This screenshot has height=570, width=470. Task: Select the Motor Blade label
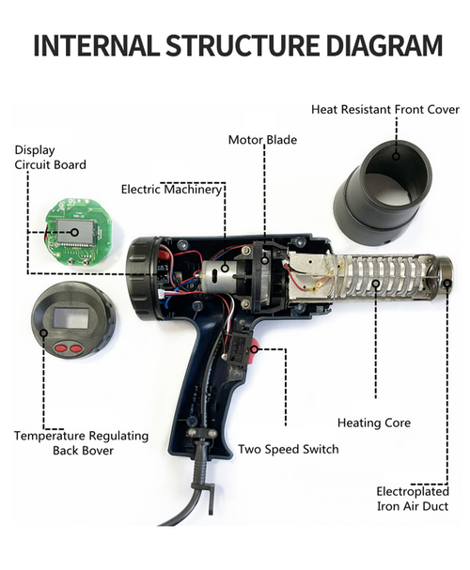(x=262, y=140)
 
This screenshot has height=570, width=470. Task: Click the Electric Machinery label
(x=172, y=189)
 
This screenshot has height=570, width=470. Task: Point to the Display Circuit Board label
(x=50, y=157)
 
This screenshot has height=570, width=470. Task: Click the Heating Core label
(x=373, y=423)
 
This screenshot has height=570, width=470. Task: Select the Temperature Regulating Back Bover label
(x=81, y=442)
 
